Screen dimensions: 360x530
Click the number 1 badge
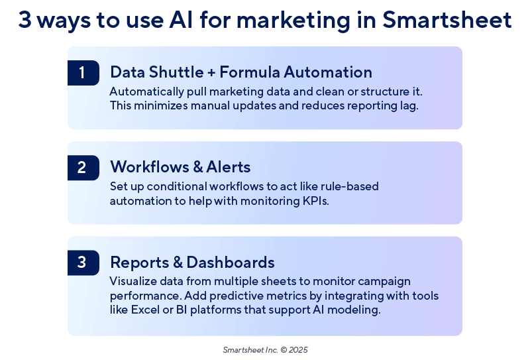82,73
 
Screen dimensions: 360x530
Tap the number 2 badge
82,168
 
